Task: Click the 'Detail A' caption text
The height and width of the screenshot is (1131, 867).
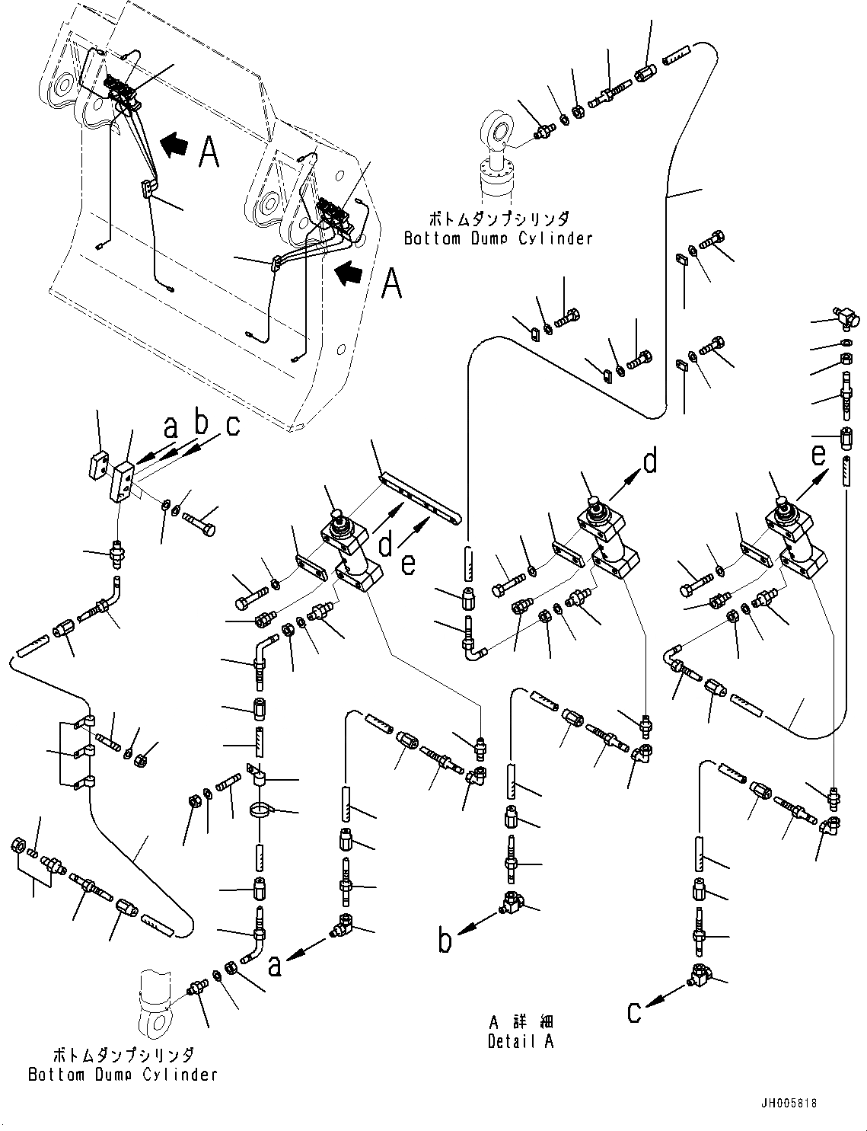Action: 521,1041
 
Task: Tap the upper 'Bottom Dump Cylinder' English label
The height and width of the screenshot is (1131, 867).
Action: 498,238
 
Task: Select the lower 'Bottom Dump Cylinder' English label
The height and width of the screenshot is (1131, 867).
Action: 123,1075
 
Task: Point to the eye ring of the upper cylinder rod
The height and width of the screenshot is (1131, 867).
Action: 499,130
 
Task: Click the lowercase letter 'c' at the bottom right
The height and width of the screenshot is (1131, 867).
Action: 634,1012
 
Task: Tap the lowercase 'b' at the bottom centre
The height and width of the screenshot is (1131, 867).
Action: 445,941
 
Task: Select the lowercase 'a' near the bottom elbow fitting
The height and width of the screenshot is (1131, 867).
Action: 276,966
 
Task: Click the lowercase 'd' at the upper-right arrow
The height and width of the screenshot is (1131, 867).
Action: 649,462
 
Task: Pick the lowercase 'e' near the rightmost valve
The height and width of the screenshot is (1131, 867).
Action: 818,455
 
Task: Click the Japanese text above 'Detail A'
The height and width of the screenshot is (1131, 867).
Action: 521,1022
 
